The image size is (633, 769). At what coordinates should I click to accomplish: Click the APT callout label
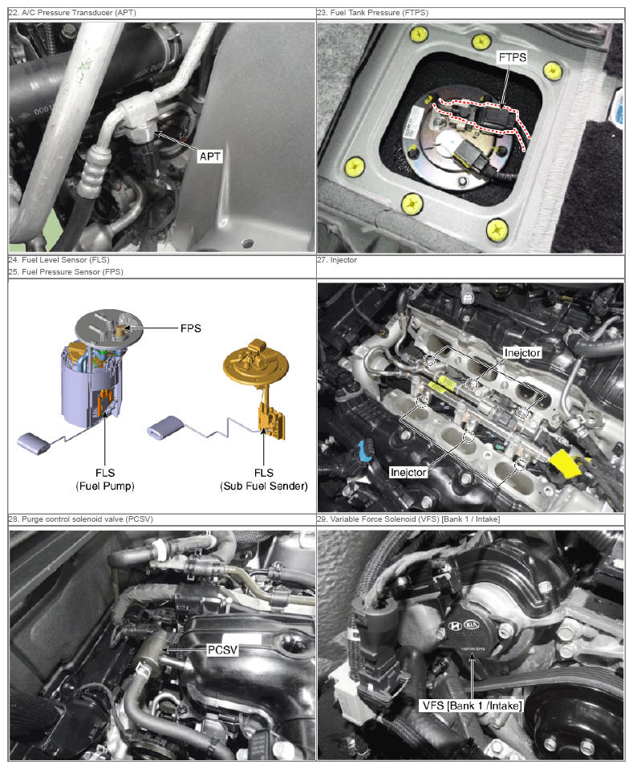210,157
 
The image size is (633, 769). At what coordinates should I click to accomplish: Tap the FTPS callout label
512,57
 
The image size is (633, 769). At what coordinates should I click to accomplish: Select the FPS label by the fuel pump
191,328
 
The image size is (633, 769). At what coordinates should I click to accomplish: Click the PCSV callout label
222,650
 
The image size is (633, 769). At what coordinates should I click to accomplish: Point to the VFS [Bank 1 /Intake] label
472,706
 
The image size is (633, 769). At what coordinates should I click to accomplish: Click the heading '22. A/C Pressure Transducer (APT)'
72,13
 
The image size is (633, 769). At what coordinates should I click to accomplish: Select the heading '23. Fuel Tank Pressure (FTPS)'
372,13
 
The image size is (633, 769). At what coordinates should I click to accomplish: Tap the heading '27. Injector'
337,260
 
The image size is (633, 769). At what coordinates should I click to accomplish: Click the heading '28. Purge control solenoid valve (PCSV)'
81,519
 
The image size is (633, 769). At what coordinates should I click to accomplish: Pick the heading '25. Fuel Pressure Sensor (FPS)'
66,271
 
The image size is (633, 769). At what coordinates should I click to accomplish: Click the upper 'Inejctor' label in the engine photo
522,352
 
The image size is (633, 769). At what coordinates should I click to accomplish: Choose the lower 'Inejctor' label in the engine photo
408,472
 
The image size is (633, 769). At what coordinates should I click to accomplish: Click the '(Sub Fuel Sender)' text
264,486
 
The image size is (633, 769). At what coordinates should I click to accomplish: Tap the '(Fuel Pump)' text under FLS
105,486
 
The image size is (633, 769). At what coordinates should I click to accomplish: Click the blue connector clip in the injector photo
365,451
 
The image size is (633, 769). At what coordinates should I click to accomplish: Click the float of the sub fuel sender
165,426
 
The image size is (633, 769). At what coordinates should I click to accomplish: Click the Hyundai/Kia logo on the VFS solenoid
464,625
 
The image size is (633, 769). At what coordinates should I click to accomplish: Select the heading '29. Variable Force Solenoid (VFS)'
408,519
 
